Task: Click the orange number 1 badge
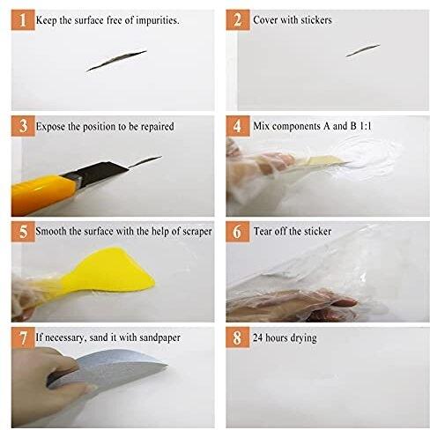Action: pos(23,20)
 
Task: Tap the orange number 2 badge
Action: pos(238,20)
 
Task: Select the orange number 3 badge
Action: pos(23,126)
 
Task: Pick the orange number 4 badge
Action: pos(238,126)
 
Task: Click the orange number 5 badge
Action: pos(23,232)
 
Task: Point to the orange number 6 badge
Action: pos(238,232)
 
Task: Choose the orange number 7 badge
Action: pos(23,337)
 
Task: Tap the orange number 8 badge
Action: pos(238,337)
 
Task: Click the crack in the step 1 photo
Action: pos(116,61)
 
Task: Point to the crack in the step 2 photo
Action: pos(363,50)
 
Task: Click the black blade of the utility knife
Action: pos(97,174)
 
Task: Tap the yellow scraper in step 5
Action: pos(108,271)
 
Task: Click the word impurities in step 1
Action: pos(158,20)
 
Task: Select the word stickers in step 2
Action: pos(316,20)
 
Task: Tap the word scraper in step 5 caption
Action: pos(197,232)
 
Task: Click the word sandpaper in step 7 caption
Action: pos(159,338)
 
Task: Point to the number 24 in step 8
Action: pos(257,337)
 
